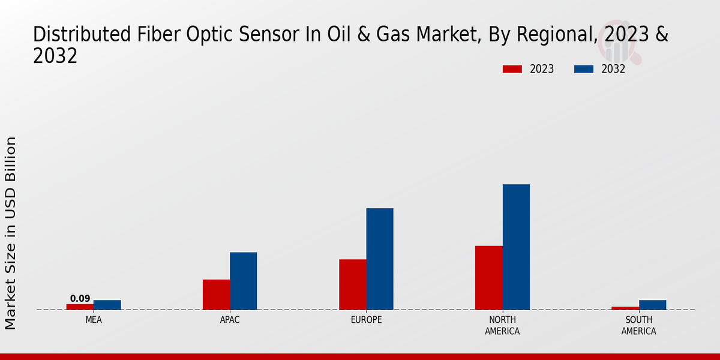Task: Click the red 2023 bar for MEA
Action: pos(80,307)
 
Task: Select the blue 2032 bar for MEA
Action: pos(107,305)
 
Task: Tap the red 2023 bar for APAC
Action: pos(217,295)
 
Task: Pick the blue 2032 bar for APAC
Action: pos(244,281)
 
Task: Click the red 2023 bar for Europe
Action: pos(353,284)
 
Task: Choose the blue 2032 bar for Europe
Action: pos(380,259)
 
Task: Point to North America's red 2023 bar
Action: pos(489,278)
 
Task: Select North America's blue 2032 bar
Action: pos(516,247)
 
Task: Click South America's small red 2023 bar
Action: pos(625,308)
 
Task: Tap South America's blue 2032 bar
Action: pos(653,305)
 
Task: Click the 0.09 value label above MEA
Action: pos(80,299)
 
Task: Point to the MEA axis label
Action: pos(94,320)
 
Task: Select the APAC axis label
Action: pos(230,320)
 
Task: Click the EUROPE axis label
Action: pos(366,320)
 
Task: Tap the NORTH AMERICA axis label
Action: pos(502,325)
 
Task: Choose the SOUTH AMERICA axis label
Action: pos(638,325)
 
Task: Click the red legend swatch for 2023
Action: pos(512,69)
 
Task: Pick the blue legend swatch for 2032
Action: pos(584,69)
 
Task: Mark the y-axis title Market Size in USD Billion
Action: pos(10,233)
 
